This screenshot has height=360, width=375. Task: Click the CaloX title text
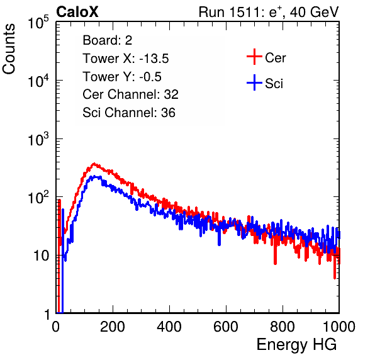pyautogui.click(x=77, y=12)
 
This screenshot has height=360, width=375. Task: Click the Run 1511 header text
pyautogui.click(x=269, y=12)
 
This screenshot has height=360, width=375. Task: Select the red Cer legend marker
pyautogui.click(x=254, y=57)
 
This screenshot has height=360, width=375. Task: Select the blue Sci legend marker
pyautogui.click(x=254, y=83)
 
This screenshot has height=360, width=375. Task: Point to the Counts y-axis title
pyautogui.click(x=9, y=49)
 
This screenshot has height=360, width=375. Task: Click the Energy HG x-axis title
pyautogui.click(x=296, y=345)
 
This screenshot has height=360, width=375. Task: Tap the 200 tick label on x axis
pyautogui.click(x=113, y=327)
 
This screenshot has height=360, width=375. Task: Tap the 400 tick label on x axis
pyautogui.click(x=169, y=327)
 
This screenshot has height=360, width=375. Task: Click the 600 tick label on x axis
pyautogui.click(x=226, y=327)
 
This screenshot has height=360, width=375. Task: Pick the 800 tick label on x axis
pyautogui.click(x=283, y=327)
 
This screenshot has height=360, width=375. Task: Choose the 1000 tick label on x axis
pyautogui.click(x=339, y=327)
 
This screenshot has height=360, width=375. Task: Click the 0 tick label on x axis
pyautogui.click(x=56, y=327)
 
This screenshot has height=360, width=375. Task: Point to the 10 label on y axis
pyautogui.click(x=42, y=256)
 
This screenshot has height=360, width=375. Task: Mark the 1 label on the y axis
pyautogui.click(x=47, y=315)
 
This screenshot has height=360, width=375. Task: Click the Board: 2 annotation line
pyautogui.click(x=108, y=40)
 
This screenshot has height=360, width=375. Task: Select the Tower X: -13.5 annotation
pyautogui.click(x=126, y=59)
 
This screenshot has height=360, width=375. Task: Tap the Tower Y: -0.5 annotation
pyautogui.click(x=122, y=77)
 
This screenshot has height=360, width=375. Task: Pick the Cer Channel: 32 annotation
pyautogui.click(x=131, y=94)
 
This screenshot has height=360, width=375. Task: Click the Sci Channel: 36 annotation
pyautogui.click(x=129, y=113)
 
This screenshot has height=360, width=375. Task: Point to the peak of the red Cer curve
pyautogui.click(x=94, y=164)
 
